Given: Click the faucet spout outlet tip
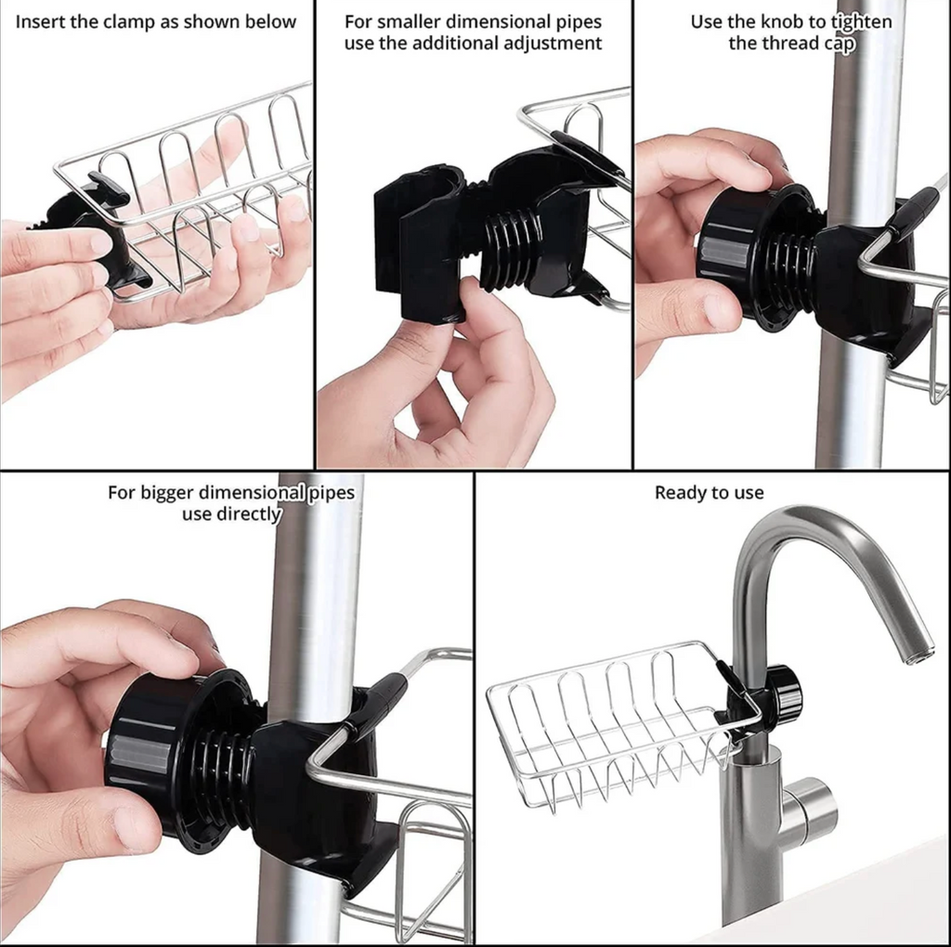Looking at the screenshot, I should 921,655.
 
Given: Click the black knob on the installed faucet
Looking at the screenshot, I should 782,694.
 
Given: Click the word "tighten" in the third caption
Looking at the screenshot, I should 860,21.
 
